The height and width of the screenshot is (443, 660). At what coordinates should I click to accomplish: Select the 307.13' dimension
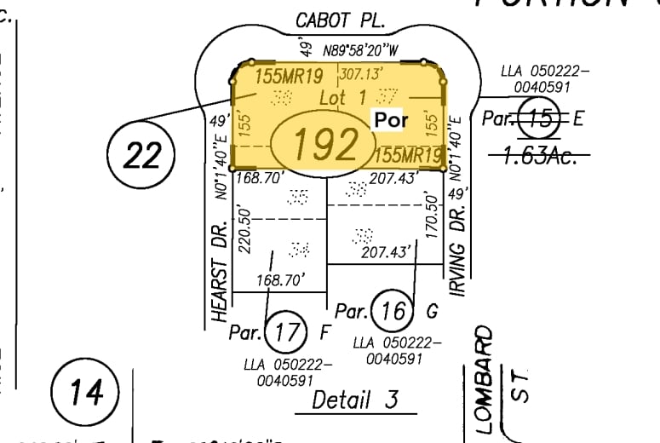[x=358, y=72]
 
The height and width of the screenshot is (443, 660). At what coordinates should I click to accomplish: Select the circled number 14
[x=86, y=393]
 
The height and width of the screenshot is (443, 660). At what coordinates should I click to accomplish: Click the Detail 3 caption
[x=355, y=399]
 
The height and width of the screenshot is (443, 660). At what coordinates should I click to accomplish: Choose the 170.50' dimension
[x=430, y=218]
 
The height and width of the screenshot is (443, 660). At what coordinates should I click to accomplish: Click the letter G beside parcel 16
[x=432, y=312]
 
